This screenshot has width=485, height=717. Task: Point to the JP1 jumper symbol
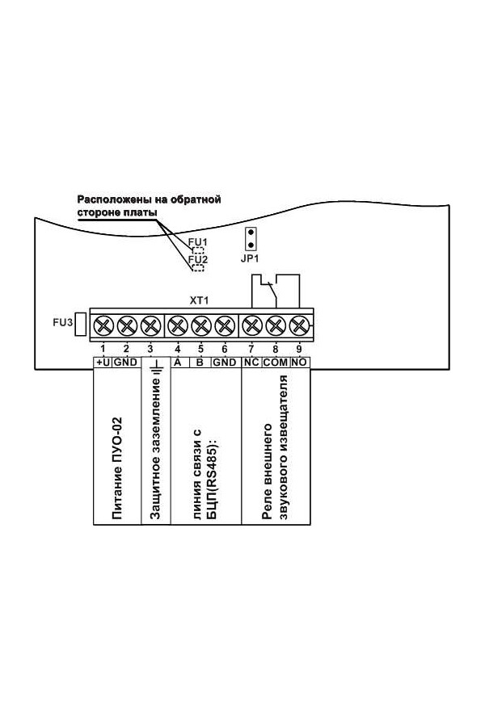click(x=251, y=238)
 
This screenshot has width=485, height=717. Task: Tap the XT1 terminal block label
click(x=199, y=300)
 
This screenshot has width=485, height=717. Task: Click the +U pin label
click(x=103, y=363)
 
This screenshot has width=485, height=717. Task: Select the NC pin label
click(x=251, y=363)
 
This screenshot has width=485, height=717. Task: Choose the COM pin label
click(x=276, y=363)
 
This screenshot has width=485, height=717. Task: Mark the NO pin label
click(x=299, y=363)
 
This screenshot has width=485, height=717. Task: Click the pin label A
click(x=177, y=363)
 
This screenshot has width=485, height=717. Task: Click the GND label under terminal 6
click(x=224, y=363)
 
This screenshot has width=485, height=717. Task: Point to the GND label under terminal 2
click(x=126, y=363)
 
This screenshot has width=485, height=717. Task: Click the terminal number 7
click(x=251, y=348)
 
